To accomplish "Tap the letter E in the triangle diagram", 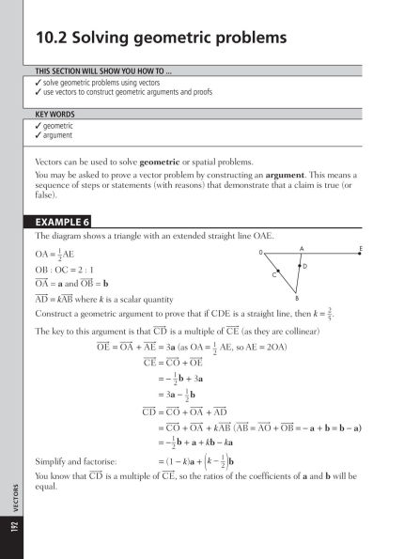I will [361, 248].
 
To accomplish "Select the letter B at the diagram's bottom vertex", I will [296, 298].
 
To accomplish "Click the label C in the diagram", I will [274, 274].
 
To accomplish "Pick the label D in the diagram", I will [306, 268].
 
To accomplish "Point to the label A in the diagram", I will [301, 248].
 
